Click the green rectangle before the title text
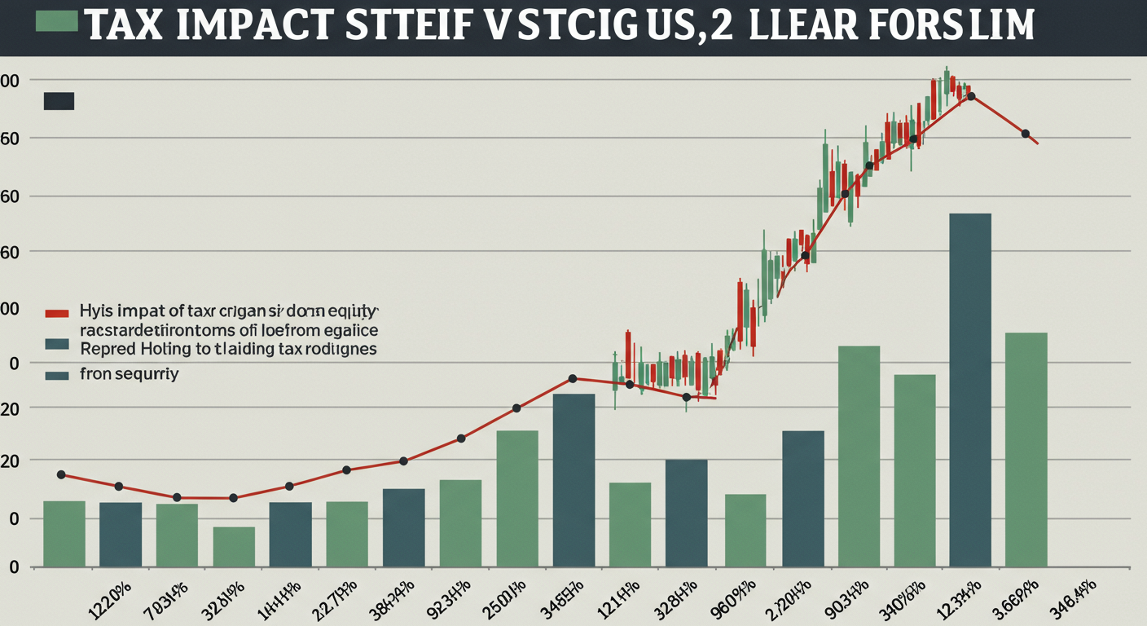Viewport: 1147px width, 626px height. pos(57,20)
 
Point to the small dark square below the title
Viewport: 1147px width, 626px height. pos(59,101)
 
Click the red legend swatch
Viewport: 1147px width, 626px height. pos(56,312)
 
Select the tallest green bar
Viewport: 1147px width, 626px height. pos(859,456)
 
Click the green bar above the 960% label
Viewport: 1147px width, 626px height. pos(745,530)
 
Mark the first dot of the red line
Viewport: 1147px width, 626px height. pos(61,474)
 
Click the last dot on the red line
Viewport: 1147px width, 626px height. pos(1026,134)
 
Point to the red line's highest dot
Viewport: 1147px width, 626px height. pos(970,96)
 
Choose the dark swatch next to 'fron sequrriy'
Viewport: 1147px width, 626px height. pos(57,376)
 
